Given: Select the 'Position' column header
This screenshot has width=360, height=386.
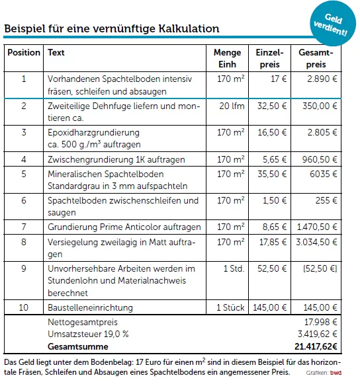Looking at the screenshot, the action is click(23, 52).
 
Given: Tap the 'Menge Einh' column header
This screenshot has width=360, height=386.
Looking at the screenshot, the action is click(227, 58).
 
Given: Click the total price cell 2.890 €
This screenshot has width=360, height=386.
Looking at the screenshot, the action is click(322, 79).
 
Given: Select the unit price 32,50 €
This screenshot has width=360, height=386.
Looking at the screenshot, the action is click(270, 106).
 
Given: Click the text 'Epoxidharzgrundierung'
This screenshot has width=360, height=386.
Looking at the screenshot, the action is click(93, 132).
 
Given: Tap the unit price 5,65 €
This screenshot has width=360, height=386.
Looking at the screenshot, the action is click(273, 159).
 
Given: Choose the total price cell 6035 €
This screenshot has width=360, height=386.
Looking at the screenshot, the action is click(324, 174).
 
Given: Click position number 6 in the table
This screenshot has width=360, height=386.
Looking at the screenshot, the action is click(23, 200).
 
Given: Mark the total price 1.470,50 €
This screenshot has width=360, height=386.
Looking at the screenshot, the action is click(316, 227).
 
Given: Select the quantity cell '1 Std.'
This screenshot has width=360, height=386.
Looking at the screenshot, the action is click(234, 268).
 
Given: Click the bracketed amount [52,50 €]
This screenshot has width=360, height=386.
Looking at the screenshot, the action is click(320, 268).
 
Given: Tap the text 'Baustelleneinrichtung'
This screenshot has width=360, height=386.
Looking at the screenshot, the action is click(90, 307).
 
